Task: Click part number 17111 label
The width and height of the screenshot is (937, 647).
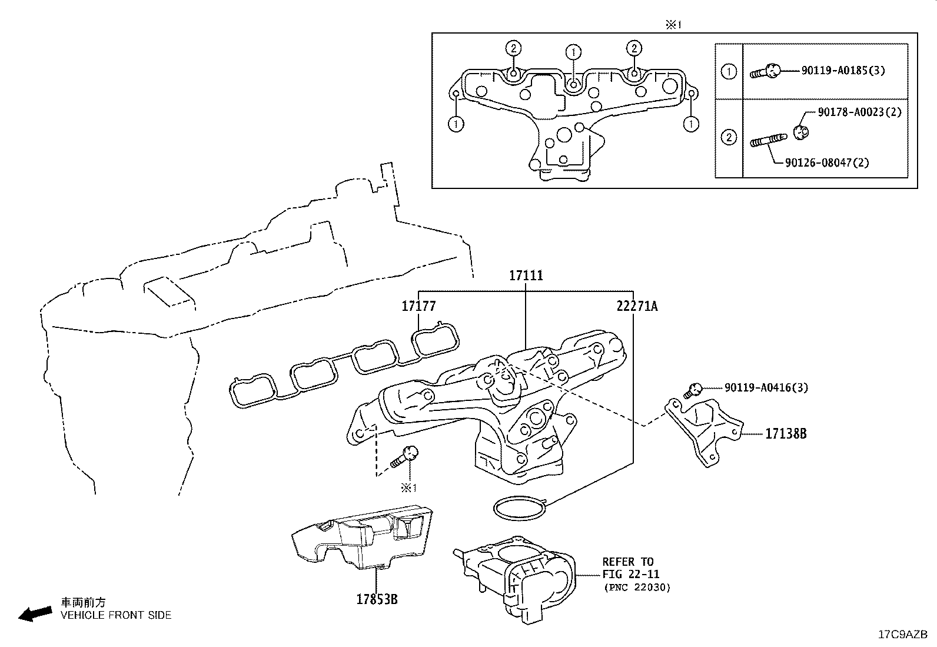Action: point(526,276)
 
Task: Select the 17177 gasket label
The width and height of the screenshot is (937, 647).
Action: point(418,306)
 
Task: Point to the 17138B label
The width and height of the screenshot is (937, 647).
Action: point(786,434)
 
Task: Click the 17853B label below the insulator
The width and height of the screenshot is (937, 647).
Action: point(377,599)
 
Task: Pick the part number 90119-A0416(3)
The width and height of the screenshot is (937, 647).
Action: point(766,387)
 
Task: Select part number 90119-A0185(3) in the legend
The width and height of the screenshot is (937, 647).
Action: point(843,71)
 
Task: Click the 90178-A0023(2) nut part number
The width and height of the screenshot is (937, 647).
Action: point(859,112)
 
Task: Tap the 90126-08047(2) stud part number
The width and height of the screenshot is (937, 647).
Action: point(827,162)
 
